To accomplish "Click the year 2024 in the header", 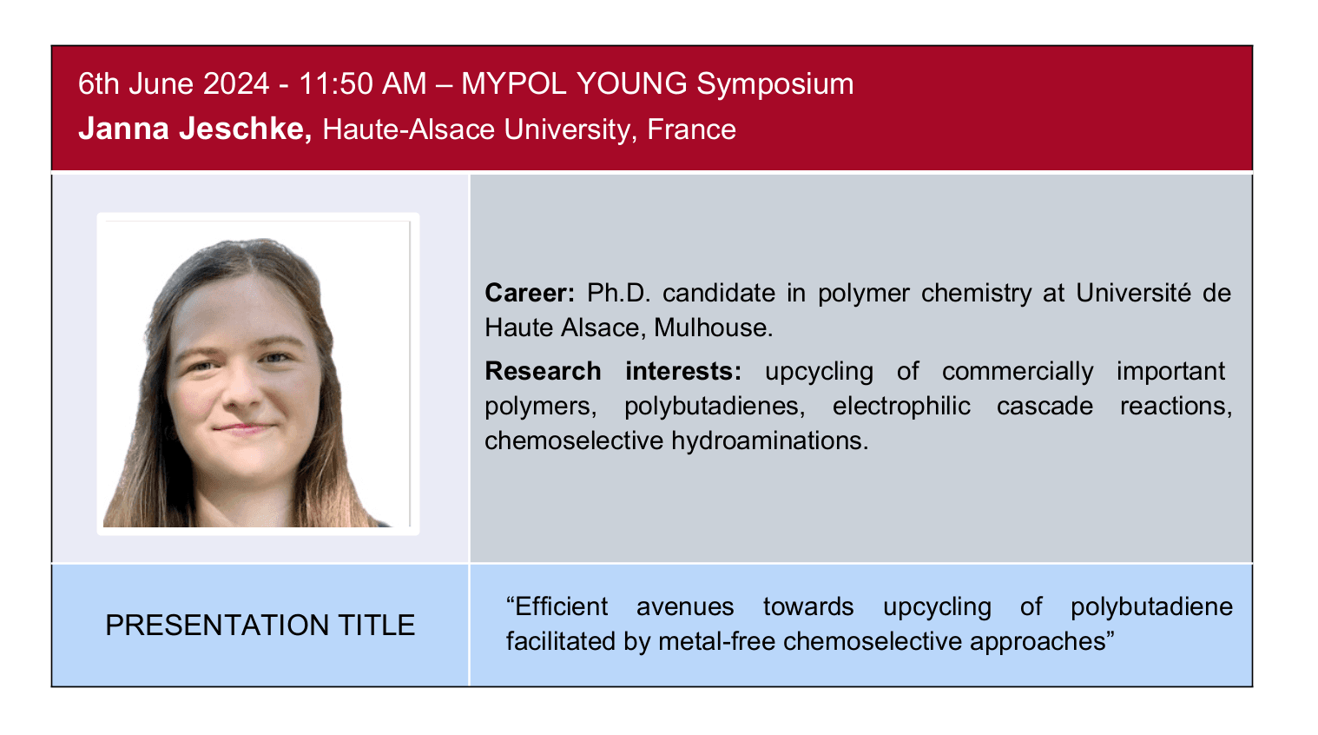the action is pyautogui.click(x=236, y=83).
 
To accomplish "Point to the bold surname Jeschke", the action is pyautogui.click(x=246, y=129).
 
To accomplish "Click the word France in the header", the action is pyautogui.click(x=691, y=129).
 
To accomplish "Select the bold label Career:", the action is pyautogui.click(x=530, y=293).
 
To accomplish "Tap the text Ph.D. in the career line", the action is pyautogui.click(x=619, y=293).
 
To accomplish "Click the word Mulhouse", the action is pyautogui.click(x=713, y=328).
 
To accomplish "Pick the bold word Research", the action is pyautogui.click(x=543, y=371).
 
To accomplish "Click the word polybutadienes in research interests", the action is pyautogui.click(x=715, y=407).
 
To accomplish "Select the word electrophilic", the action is pyautogui.click(x=901, y=407).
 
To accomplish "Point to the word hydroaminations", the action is pyautogui.click(x=769, y=441).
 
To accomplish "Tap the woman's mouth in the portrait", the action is pyautogui.click(x=244, y=427).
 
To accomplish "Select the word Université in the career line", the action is pyautogui.click(x=1133, y=293).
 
